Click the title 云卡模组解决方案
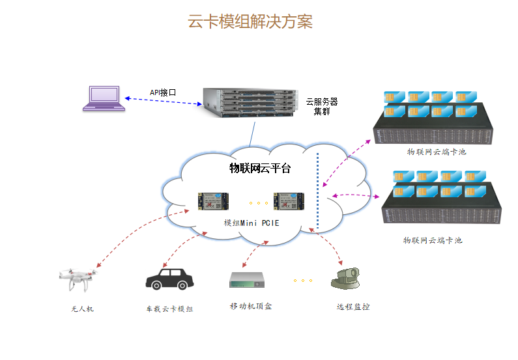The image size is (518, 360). pos(250,21)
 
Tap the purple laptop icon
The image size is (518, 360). pos(103,98)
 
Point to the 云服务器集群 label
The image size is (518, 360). pos(322,106)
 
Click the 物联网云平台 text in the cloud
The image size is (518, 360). pos(260,168)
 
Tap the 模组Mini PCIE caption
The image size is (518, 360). pos(252,223)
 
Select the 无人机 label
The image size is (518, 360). pos(82,309)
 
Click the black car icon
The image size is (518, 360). pos(169,279)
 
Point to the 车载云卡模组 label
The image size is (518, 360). pos(169,309)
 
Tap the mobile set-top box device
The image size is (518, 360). pos(248,280)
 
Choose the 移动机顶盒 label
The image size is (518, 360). pos(251,306)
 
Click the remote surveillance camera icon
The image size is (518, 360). pos(346,279)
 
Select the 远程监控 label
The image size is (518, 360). pos(353,307)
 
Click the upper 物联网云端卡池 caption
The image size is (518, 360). pos(437,152)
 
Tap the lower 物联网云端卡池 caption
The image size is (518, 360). pos(433,240)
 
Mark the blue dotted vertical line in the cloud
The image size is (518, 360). pos(317,189)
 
